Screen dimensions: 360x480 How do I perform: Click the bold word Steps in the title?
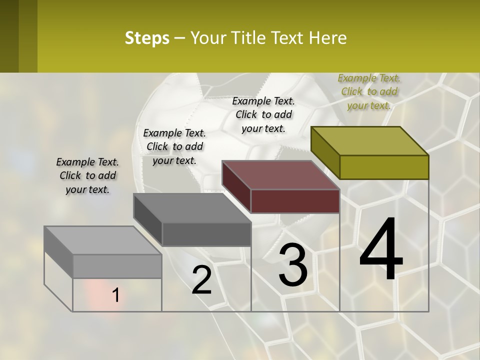[x=147, y=38]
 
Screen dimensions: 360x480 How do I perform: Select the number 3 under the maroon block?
[x=293, y=265]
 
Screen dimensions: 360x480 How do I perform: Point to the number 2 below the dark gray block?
[x=201, y=280]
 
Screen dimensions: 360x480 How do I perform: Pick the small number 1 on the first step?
[x=115, y=295]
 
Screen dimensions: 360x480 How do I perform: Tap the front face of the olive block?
[x=384, y=167]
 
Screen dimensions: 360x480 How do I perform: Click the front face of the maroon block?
[x=295, y=201]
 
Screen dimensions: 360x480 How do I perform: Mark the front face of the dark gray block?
[x=206, y=234]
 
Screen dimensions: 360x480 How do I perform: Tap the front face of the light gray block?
[x=117, y=266]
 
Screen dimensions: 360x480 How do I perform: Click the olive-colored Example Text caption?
[x=369, y=91]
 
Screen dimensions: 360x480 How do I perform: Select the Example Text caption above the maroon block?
[x=263, y=114]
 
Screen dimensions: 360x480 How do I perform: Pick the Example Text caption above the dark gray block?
[x=174, y=146]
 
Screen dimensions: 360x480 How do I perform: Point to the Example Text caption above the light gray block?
[x=87, y=175]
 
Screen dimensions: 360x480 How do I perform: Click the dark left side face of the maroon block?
[x=236, y=186]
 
